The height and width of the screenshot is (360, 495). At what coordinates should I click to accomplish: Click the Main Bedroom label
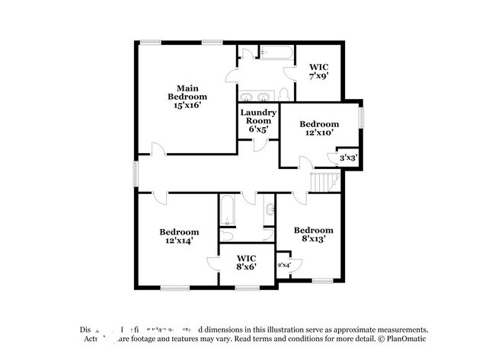[187, 92]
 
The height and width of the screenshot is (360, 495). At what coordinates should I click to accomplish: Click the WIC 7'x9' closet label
[318, 72]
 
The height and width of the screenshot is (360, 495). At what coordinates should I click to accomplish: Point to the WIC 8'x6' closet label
[246, 262]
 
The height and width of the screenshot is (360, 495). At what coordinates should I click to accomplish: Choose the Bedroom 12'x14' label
[179, 236]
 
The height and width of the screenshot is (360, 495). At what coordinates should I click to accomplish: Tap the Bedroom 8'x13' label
[314, 234]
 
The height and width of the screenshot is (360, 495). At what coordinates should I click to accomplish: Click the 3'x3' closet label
[348, 158]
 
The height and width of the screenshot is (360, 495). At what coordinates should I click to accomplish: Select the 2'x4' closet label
[284, 265]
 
